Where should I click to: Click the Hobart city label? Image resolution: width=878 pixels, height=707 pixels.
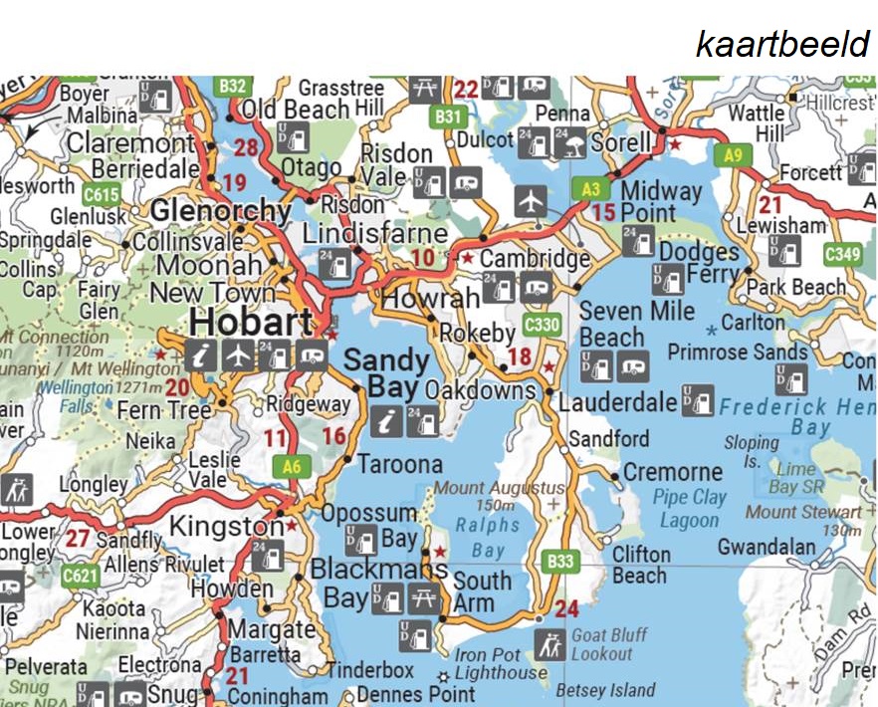pyautogui.click(x=251, y=322)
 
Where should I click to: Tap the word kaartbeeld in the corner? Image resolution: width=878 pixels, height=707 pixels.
pyautogui.click(x=782, y=44)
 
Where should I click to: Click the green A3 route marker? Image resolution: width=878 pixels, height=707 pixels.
pyautogui.click(x=589, y=186)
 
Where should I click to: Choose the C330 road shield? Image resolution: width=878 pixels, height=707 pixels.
pyautogui.click(x=542, y=325)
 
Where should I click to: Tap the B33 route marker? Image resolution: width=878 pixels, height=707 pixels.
pyautogui.click(x=561, y=561)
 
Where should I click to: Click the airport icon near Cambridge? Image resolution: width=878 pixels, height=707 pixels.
pyautogui.click(x=532, y=202)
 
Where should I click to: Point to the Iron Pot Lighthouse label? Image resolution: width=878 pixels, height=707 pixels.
pyautogui.click(x=501, y=664)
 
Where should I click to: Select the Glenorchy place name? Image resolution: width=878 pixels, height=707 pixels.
pyautogui.click(x=220, y=211)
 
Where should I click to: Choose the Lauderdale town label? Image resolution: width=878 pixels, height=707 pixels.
pyautogui.click(x=617, y=403)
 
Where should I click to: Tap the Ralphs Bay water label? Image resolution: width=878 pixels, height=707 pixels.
pyautogui.click(x=488, y=537)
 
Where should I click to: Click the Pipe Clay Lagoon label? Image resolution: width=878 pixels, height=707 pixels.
pyautogui.click(x=690, y=508)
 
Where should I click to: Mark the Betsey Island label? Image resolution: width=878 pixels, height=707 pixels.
pyautogui.click(x=605, y=689)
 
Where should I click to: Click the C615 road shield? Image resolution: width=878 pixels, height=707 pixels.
pyautogui.click(x=101, y=192)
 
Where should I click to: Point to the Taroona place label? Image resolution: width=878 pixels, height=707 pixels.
pyautogui.click(x=400, y=464)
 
